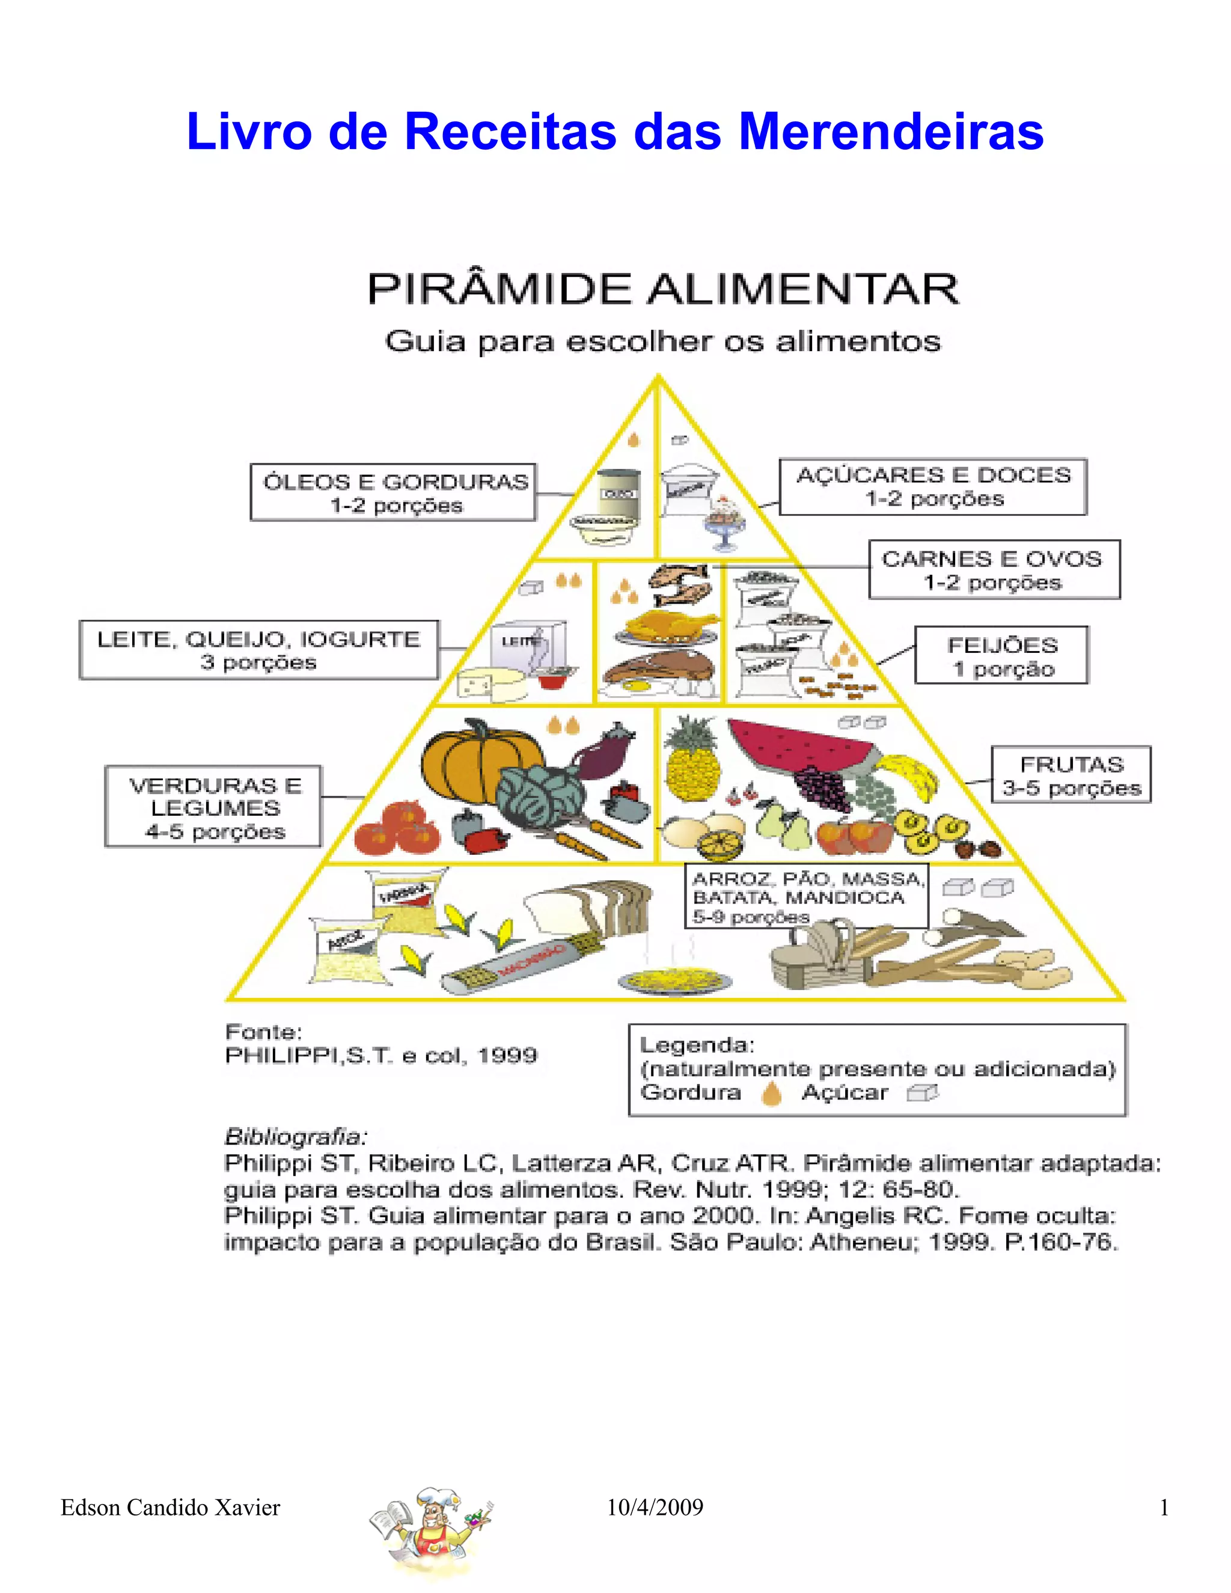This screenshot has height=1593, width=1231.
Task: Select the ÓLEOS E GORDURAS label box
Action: click(393, 492)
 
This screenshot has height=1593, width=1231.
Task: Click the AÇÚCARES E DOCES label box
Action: click(933, 486)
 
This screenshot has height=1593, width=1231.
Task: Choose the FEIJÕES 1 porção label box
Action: click(1001, 656)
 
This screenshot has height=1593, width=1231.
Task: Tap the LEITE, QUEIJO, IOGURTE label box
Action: click(259, 650)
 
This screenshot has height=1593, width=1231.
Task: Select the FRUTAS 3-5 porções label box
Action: click(1071, 775)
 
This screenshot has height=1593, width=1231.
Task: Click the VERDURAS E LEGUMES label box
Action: click(213, 807)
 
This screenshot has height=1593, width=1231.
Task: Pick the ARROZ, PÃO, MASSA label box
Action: click(806, 897)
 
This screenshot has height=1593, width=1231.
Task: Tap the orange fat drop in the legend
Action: click(771, 1093)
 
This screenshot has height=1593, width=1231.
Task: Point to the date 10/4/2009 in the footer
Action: click(655, 1508)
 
